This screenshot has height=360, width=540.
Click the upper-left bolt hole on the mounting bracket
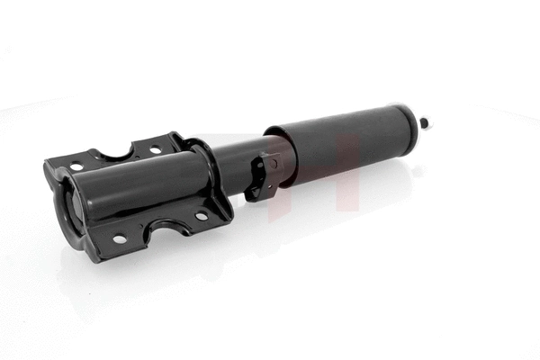[x=76, y=166]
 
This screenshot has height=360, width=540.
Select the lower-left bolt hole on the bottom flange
[x=119, y=239]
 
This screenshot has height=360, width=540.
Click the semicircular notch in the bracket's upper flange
[x=117, y=154]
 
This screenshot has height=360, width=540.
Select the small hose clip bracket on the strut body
[x=263, y=176]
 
